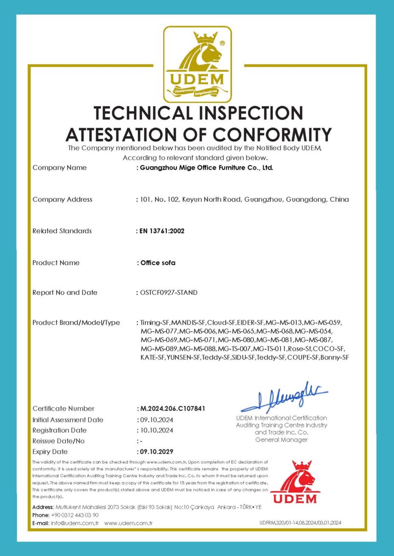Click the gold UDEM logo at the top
(197, 65)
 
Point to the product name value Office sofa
(159, 263)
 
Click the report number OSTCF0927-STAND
(168, 293)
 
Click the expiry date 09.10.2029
(156, 451)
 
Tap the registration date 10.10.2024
(156, 430)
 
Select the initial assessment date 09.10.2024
(156, 420)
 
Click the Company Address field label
(62, 199)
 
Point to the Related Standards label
(62, 231)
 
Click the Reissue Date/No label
(58, 441)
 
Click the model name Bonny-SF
(333, 357)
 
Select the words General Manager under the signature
(281, 440)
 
